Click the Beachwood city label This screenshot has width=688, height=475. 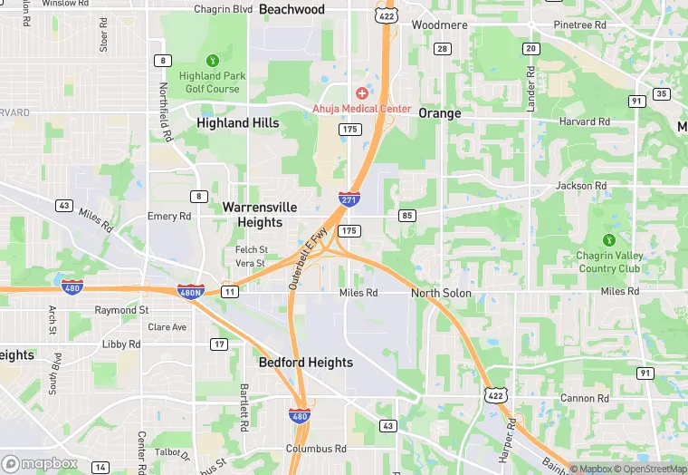tap(291, 9)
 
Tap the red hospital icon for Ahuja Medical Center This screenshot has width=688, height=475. tap(362, 93)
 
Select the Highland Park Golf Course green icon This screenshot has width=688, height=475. tap(213, 61)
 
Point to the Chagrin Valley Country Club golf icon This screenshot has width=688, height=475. tap(609, 240)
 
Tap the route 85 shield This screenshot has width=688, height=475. tap(406, 215)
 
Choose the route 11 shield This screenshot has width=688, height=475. tap(230, 291)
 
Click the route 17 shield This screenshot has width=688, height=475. tap(218, 344)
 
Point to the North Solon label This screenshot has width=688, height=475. tap(441, 293)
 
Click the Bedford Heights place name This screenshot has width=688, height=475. tap(305, 362)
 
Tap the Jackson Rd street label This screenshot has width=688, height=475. tap(581, 186)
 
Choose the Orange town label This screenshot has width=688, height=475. tap(440, 113)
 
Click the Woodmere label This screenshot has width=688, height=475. tap(439, 24)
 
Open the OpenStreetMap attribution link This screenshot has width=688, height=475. tap(651, 469)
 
